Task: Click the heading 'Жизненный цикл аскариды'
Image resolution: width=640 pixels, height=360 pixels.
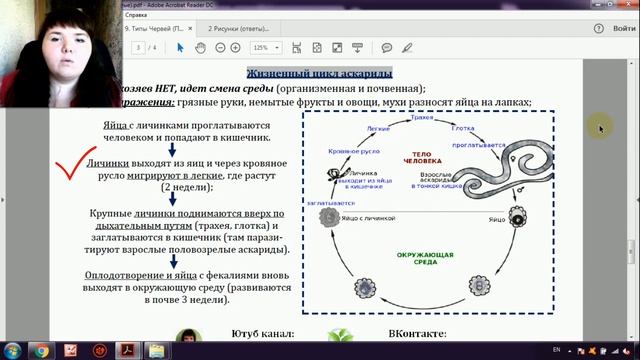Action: coord(319,73)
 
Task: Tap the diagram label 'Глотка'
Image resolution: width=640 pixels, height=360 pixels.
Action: coord(462,129)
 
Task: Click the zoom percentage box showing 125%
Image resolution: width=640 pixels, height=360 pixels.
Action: coord(261,47)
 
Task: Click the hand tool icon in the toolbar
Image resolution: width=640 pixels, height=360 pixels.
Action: coord(200,47)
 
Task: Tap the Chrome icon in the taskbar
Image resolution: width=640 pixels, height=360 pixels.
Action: coord(42,349)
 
